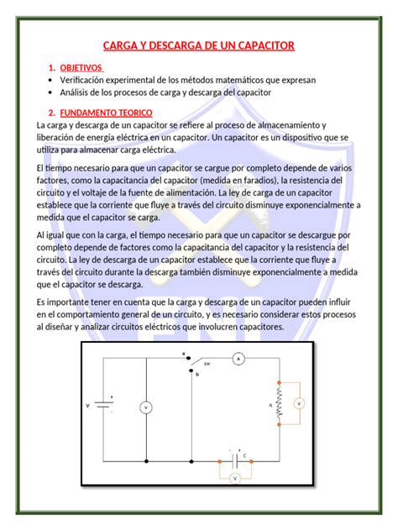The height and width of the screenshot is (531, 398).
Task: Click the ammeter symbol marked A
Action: (x=238, y=359)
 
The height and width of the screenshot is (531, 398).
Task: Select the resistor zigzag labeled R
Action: (x=280, y=404)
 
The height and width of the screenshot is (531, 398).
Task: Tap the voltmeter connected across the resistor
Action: (x=298, y=404)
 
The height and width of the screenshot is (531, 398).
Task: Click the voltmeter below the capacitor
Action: (x=236, y=477)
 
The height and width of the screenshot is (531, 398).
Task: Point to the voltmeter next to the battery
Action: (x=145, y=407)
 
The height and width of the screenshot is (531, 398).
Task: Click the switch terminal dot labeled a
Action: (x=189, y=359)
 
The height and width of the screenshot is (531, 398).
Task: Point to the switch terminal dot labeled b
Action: (x=189, y=371)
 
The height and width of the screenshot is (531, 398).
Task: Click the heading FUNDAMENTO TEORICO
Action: (x=106, y=113)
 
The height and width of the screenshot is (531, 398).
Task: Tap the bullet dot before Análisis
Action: (x=51, y=93)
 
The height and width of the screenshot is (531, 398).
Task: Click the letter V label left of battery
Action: (x=88, y=406)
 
